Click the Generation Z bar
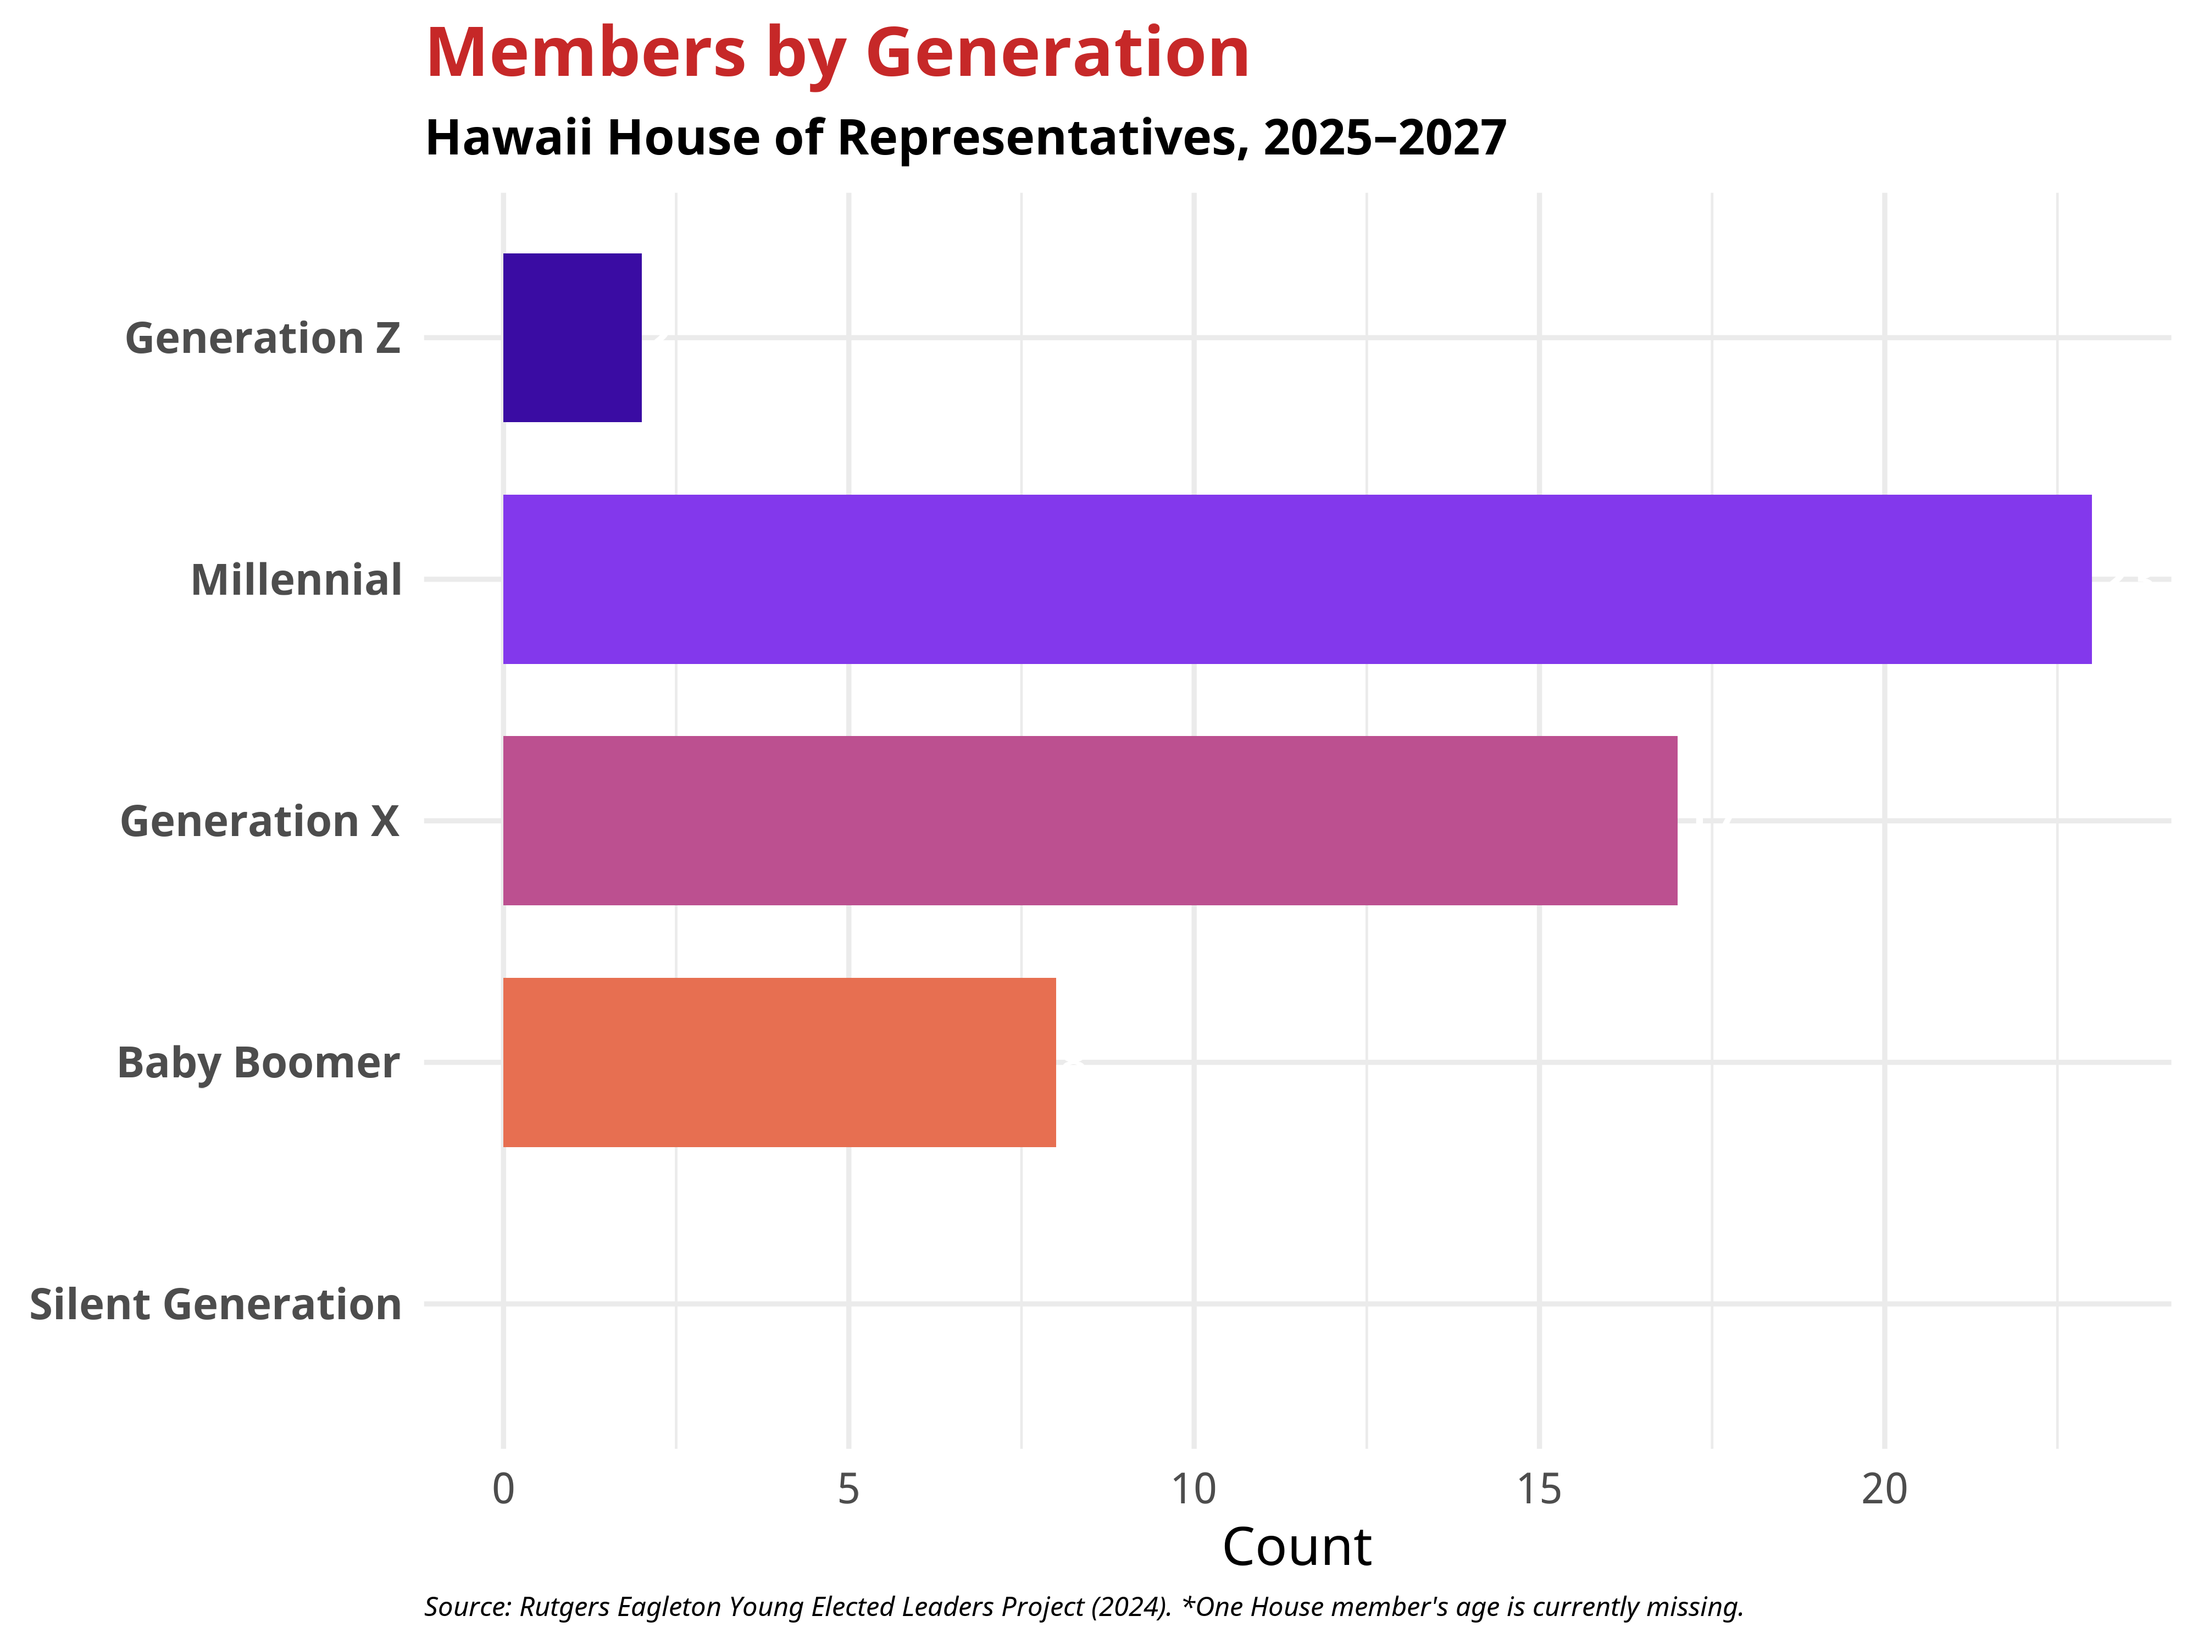click(x=573, y=338)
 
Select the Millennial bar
click(x=1297, y=579)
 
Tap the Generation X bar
click(x=1090, y=821)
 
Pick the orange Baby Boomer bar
click(x=779, y=1063)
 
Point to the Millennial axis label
click(x=296, y=580)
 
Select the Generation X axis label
click(x=259, y=822)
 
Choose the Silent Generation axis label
click(x=215, y=1305)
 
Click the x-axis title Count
click(x=1297, y=1548)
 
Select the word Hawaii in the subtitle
click(x=510, y=138)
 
